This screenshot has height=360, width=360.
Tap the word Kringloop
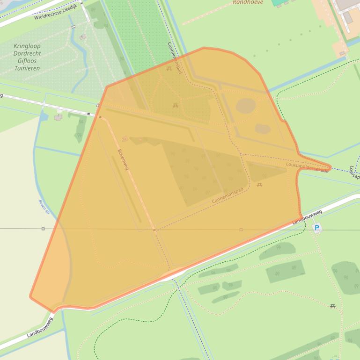coord(27,46)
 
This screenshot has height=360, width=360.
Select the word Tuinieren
coord(27,68)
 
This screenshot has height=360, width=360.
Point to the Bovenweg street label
coord(123,159)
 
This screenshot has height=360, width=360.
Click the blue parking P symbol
coord(317,228)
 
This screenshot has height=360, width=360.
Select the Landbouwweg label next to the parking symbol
coord(308,217)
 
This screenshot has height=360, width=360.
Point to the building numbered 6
coord(82,36)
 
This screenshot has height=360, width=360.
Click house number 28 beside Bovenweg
coord(125,139)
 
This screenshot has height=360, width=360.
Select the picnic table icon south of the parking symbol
coord(332,306)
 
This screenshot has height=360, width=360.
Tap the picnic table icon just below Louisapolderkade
coord(259,185)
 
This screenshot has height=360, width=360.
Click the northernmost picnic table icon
coord(169,69)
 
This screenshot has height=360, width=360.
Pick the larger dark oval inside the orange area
coord(245,106)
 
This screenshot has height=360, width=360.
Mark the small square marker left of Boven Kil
coord(43,229)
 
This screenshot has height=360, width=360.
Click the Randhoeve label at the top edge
coord(248,2)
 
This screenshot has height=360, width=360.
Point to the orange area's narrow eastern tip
coord(329,167)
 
